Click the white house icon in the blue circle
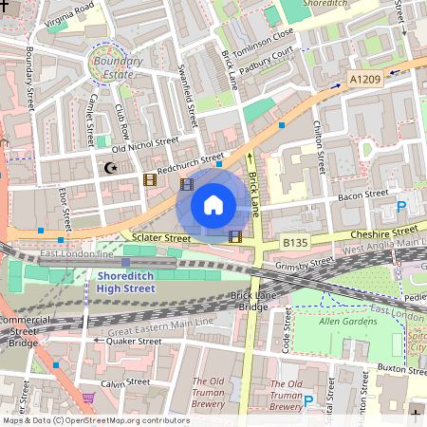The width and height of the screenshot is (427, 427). tap(213, 204)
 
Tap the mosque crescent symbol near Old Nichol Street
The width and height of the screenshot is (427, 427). tap(112, 168)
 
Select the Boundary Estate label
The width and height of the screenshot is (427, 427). tap(113, 67)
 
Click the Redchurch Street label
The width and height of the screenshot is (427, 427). tap(191, 162)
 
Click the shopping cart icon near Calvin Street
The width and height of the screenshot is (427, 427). tap(89, 398)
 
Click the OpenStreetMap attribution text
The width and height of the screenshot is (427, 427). tap(95, 420)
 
